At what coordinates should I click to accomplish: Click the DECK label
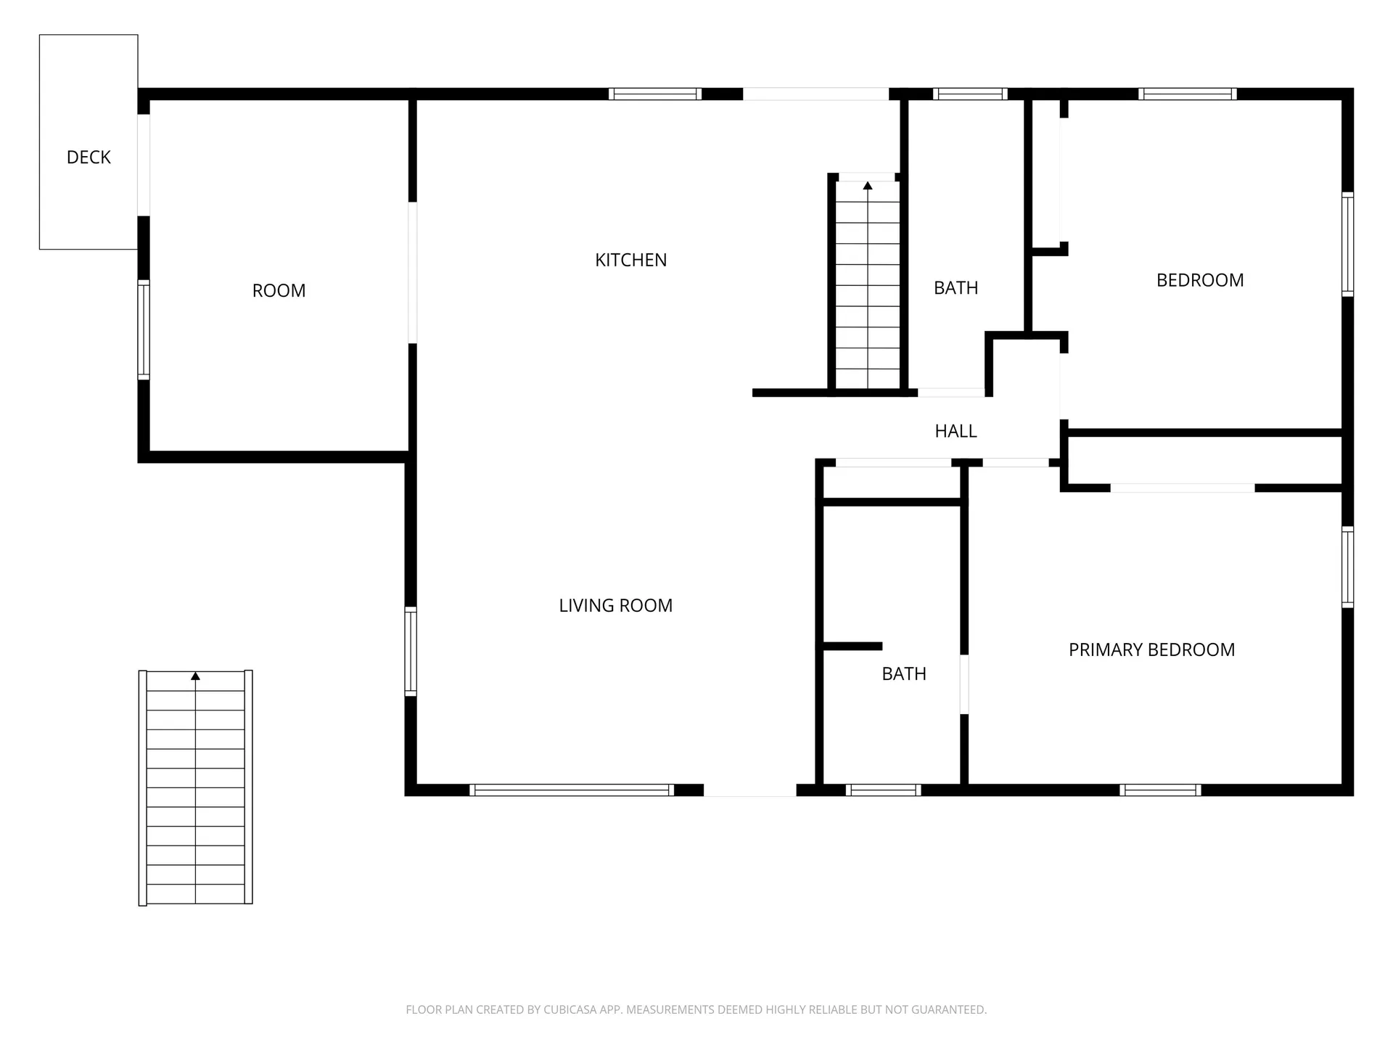tap(89, 157)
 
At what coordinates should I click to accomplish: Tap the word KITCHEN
tap(630, 260)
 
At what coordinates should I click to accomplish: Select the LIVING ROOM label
tap(615, 605)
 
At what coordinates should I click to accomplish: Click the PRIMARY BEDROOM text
tap(1151, 649)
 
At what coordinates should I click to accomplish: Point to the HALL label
tap(956, 431)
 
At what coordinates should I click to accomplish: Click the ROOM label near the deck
tap(279, 290)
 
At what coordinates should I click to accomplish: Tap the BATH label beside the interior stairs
tap(956, 288)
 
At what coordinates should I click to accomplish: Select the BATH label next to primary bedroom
tap(903, 673)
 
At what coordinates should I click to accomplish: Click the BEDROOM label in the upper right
tap(1199, 280)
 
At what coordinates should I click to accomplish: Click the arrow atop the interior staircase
tap(868, 186)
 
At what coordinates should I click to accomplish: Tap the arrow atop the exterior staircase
tap(195, 676)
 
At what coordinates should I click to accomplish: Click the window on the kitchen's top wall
tap(654, 94)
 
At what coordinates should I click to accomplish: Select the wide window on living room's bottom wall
tap(572, 790)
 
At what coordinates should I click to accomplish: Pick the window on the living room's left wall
tap(411, 651)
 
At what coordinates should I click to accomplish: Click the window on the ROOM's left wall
tap(144, 329)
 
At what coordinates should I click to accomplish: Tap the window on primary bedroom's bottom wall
tap(1160, 790)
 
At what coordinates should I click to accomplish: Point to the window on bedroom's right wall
tap(1347, 244)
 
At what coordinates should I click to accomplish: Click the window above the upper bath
tap(970, 94)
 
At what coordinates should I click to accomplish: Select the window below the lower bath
tap(883, 790)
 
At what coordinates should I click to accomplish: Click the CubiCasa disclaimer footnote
tap(696, 1009)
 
